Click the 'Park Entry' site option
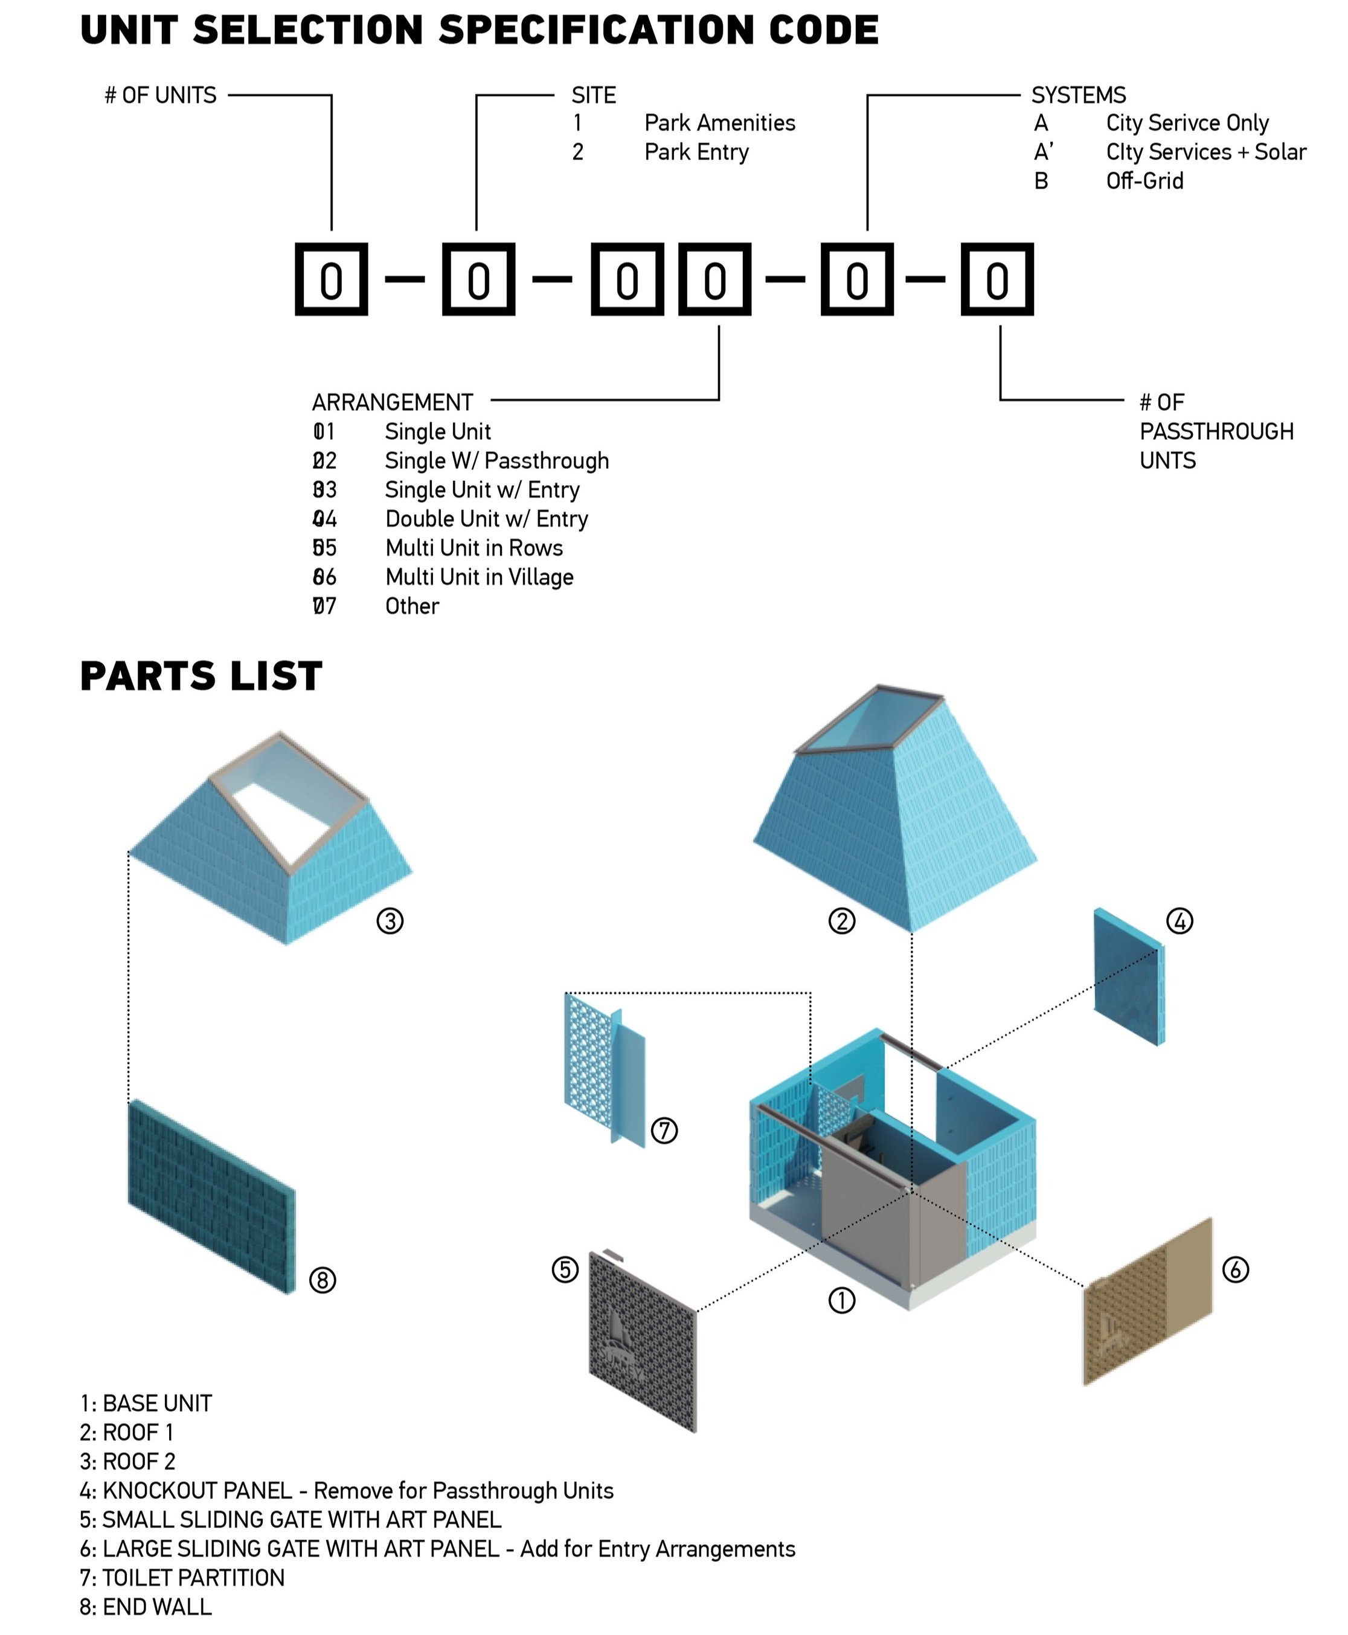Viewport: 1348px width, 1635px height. click(696, 152)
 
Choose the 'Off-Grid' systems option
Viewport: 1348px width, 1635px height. click(1144, 181)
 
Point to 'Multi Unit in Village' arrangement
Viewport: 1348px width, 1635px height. click(478, 577)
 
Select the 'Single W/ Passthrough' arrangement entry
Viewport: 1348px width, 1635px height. click(496, 460)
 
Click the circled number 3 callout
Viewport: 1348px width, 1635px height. click(390, 921)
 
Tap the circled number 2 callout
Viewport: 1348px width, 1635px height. click(842, 921)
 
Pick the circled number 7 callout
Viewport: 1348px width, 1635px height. click(664, 1130)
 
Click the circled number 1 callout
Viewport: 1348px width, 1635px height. click(842, 1300)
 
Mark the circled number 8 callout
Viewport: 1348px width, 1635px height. click(323, 1280)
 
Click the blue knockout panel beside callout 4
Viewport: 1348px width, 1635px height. click(1128, 978)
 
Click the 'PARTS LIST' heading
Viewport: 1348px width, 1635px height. click(201, 676)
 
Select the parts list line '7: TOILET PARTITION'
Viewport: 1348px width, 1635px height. click(182, 1578)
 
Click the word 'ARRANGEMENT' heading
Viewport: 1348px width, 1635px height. click(392, 402)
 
